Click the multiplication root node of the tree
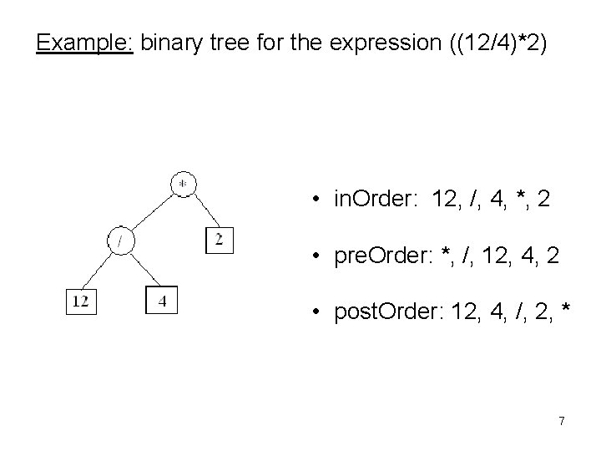(183, 184)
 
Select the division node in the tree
(122, 241)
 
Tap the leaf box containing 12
(81, 301)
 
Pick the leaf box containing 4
(162, 301)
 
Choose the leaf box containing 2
(219, 241)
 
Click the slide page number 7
(562, 421)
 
